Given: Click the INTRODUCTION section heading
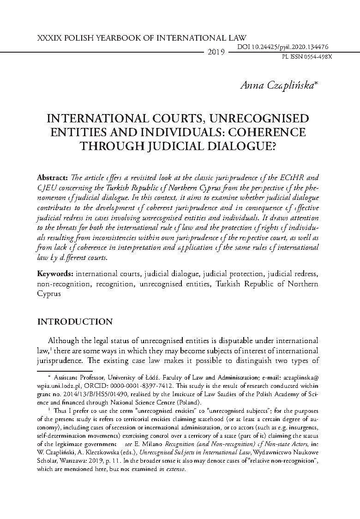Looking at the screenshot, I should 75,322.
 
